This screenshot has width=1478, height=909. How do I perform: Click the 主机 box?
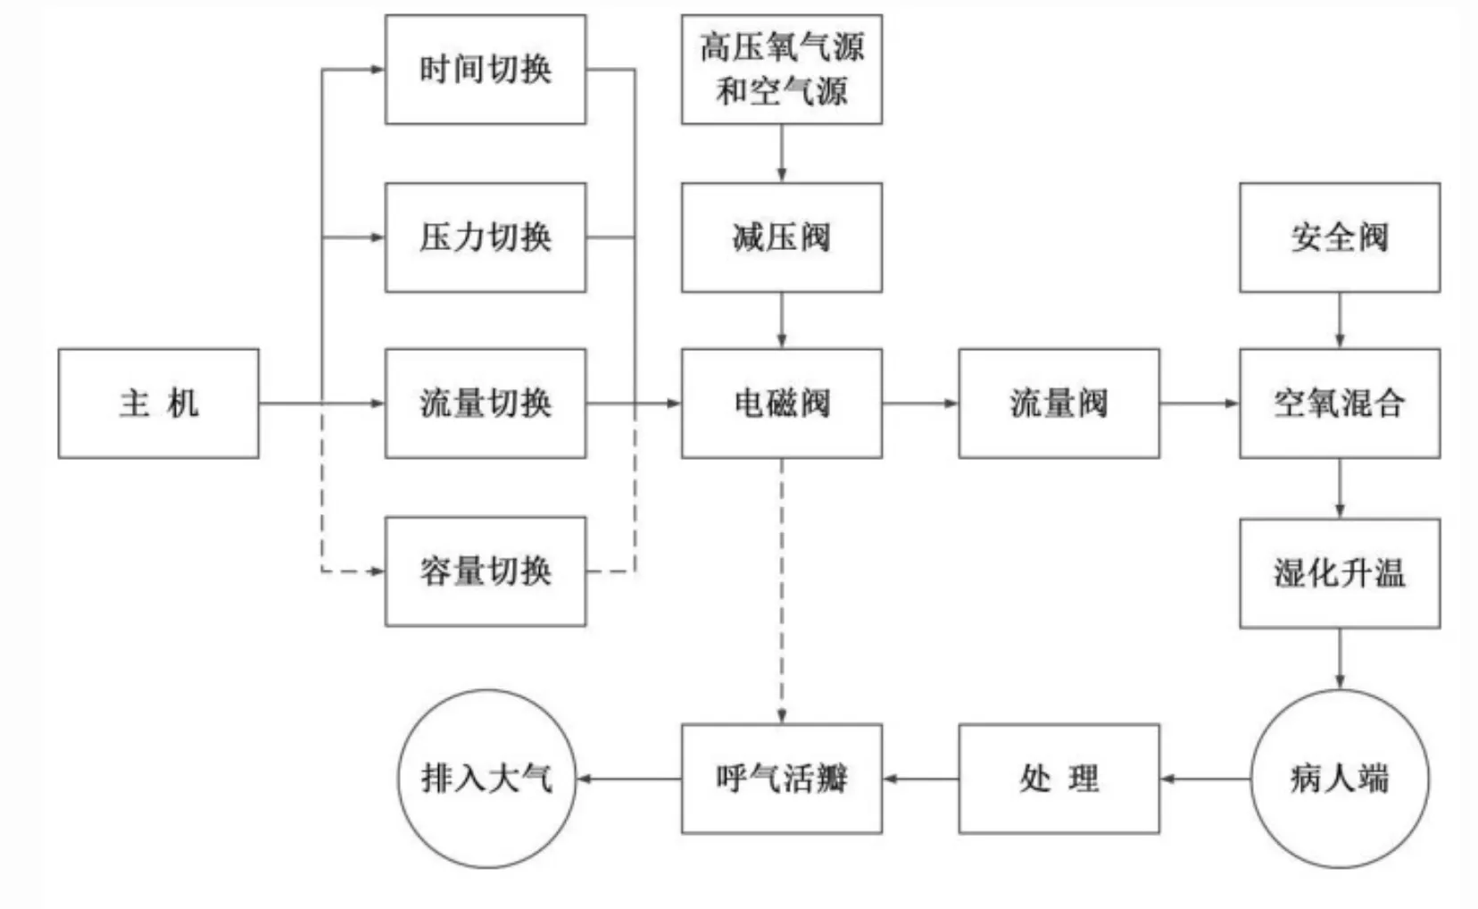[x=159, y=404]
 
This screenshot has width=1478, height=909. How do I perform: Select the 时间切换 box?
[x=486, y=70]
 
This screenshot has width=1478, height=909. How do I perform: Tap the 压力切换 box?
[x=486, y=238]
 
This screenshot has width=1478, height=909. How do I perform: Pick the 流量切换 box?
[x=486, y=404]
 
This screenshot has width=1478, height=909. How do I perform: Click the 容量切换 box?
[x=486, y=571]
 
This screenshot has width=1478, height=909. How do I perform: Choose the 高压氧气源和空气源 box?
[x=782, y=70]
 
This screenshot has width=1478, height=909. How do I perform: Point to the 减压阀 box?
[x=782, y=238]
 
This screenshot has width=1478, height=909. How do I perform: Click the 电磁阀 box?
[x=782, y=404]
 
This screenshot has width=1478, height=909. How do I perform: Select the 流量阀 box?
[x=1059, y=404]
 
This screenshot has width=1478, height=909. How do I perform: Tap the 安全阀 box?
[x=1340, y=238]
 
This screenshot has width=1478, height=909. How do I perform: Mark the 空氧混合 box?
[x=1340, y=404]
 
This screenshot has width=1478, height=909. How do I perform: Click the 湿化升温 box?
[x=1340, y=573]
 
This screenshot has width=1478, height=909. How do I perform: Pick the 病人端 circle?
[x=1340, y=779]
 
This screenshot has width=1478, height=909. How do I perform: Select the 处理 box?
[x=1059, y=779]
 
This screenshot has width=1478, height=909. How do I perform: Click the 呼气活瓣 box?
[x=782, y=779]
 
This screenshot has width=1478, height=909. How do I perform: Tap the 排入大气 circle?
[x=486, y=779]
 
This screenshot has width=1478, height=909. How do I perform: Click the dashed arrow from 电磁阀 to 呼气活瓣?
[x=782, y=589]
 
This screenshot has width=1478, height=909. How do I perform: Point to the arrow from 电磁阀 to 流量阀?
[x=920, y=404]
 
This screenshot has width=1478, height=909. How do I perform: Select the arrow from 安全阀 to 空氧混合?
[x=1340, y=320]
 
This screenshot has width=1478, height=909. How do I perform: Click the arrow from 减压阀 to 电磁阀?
[x=782, y=320]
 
